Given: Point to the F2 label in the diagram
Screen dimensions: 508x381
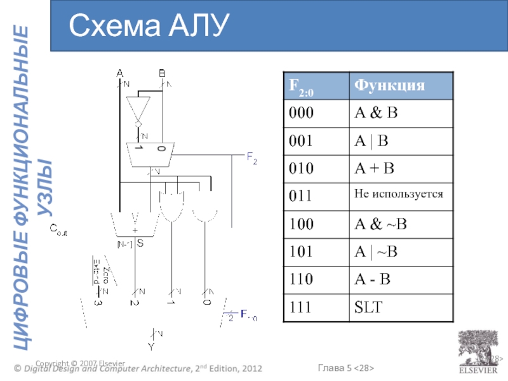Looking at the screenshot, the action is (251, 159).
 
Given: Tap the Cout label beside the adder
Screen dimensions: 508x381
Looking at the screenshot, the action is (58, 232).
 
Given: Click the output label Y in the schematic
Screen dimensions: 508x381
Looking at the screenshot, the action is (150, 347).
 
